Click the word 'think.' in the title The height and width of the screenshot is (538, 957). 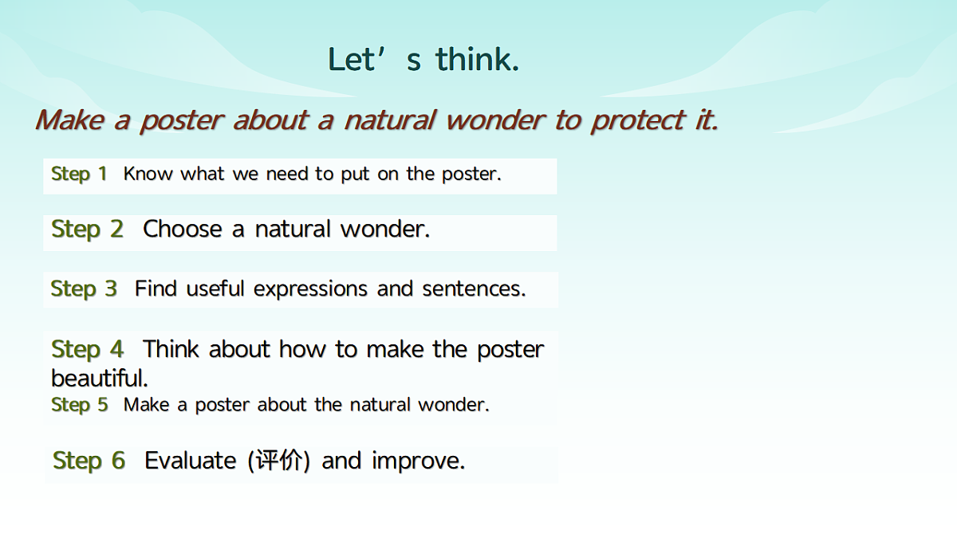coord(478,59)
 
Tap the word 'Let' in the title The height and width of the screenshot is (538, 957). coord(351,59)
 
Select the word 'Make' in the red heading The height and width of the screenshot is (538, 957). coord(69,120)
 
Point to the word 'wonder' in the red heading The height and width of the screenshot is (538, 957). coord(495,120)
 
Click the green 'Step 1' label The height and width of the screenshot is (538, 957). coord(79,175)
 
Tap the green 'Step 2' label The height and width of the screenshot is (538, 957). coord(88,230)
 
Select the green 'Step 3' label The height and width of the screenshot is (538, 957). coord(84,289)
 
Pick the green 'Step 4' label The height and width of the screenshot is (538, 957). coord(88,350)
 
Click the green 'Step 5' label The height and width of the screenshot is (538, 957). coord(80,405)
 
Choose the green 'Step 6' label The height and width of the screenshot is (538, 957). coord(89,461)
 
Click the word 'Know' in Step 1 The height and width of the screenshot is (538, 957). coord(148,174)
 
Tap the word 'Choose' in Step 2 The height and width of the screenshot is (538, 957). coord(183,229)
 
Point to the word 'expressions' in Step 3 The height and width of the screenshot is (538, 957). coord(310,289)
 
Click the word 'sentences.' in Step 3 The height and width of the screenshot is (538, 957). coord(474,289)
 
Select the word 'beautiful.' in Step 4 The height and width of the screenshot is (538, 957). coord(100,378)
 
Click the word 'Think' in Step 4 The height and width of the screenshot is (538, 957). coord(171,349)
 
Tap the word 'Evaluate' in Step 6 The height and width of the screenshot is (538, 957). coord(191,461)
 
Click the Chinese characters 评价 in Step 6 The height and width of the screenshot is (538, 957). coord(278,461)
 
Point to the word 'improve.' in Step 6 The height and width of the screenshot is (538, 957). coord(418,461)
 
